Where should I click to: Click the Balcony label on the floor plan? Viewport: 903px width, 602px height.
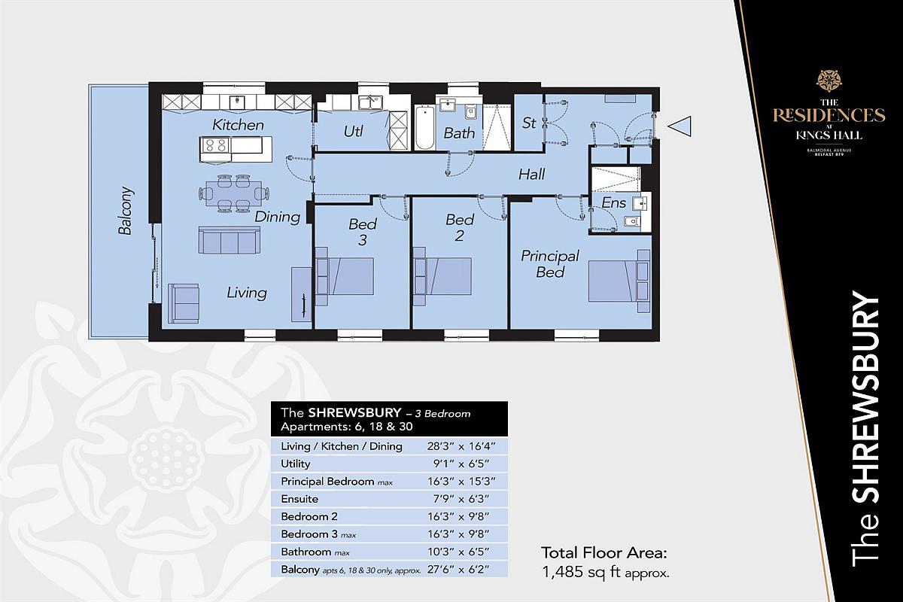[x=126, y=210]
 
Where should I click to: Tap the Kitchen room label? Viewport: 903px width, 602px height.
[x=238, y=125]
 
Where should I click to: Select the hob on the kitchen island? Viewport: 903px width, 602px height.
[x=215, y=145]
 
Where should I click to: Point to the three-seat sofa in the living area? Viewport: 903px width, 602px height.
[x=229, y=240]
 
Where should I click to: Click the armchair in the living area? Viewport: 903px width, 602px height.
[x=184, y=303]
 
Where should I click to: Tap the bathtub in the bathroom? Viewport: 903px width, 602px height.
[x=424, y=127]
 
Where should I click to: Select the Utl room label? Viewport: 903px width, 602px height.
[x=353, y=132]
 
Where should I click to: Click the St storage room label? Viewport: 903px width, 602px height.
[x=528, y=123]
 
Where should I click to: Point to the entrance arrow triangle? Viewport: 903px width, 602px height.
[x=680, y=126]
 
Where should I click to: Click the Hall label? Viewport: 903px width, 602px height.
[x=531, y=174]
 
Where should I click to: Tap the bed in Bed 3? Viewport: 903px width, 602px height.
[x=345, y=276]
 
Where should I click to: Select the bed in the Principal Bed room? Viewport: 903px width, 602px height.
[x=619, y=281]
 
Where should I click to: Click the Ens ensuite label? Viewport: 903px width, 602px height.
[x=613, y=203]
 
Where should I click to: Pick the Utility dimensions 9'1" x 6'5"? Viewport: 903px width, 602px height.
[x=461, y=464]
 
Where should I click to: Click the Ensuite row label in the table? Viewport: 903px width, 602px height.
[x=299, y=499]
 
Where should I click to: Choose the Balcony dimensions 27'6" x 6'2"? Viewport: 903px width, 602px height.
[x=461, y=570]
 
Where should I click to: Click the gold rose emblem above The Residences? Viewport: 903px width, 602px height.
[x=829, y=81]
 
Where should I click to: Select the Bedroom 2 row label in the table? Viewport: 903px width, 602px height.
[x=309, y=516]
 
